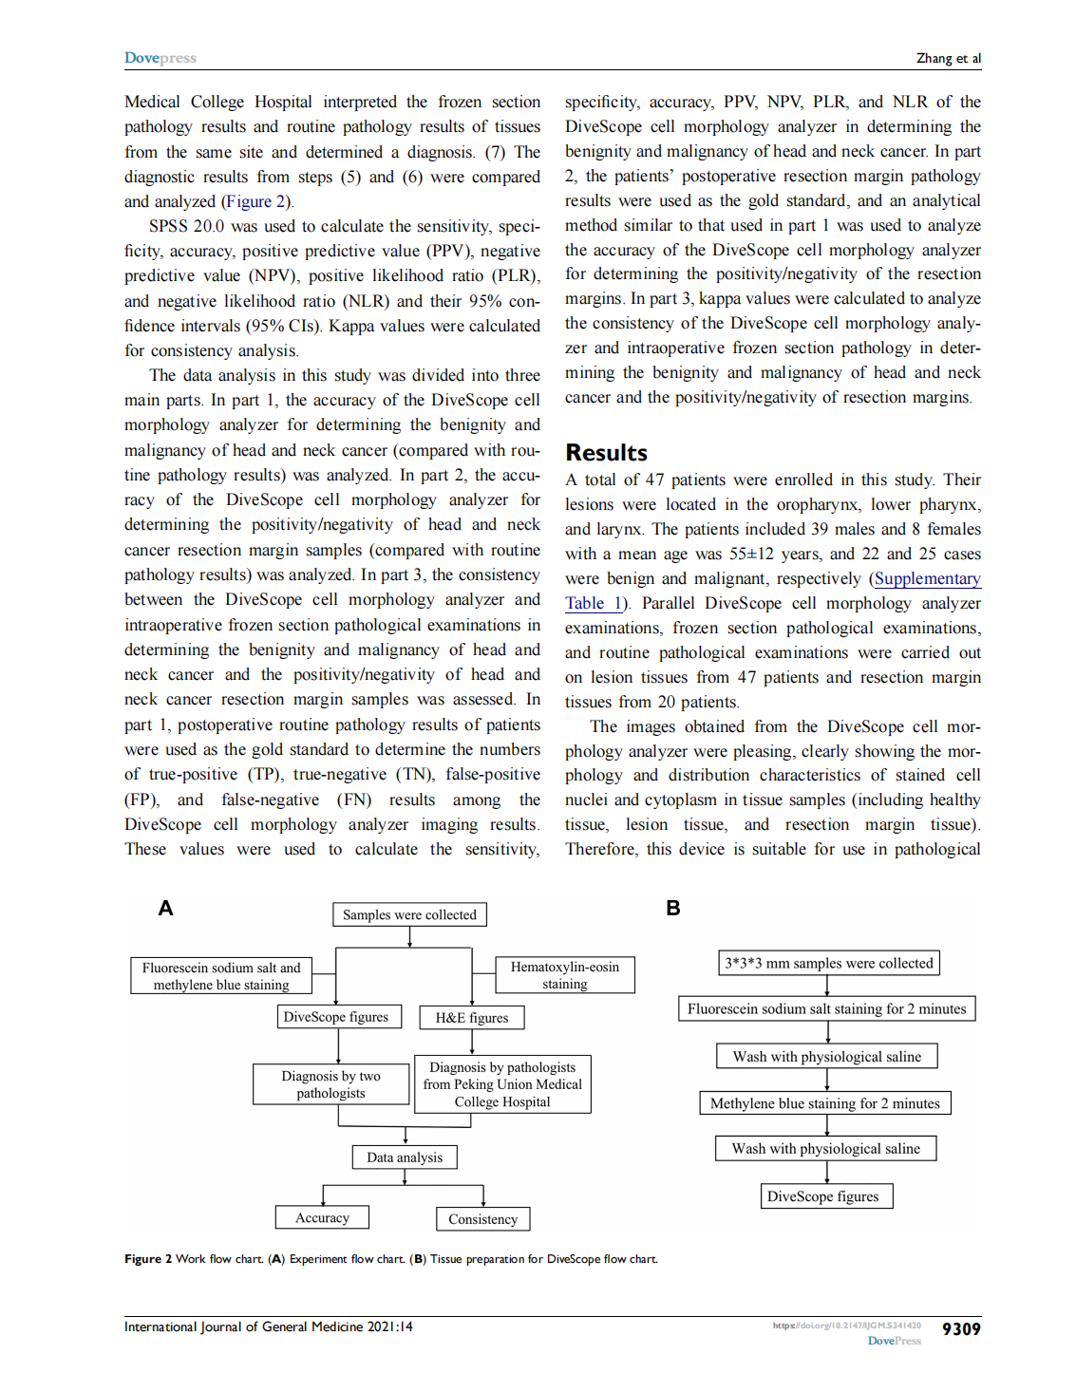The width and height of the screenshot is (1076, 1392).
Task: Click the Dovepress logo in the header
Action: tap(160, 58)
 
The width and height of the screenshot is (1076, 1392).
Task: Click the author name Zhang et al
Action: tap(948, 58)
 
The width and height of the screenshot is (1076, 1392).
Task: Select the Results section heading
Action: tap(606, 453)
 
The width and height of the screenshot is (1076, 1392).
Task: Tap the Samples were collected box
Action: tap(409, 914)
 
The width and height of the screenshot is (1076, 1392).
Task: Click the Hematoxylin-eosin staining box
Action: tap(565, 975)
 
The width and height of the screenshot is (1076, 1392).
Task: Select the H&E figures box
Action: tap(472, 1018)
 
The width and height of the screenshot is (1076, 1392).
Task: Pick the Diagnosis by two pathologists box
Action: tap(330, 1084)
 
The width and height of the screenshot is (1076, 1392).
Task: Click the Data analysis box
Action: tap(405, 1157)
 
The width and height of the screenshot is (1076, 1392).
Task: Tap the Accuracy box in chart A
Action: tap(322, 1217)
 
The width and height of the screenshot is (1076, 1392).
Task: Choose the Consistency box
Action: tap(482, 1219)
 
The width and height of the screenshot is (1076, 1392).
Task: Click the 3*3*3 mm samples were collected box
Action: tap(828, 963)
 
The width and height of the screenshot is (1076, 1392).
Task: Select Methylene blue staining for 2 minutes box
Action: tap(824, 1103)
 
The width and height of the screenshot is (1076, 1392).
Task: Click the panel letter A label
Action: tap(165, 909)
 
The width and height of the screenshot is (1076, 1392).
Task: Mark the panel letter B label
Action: tap(672, 909)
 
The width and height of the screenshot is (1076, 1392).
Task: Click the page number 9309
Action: tap(960, 1329)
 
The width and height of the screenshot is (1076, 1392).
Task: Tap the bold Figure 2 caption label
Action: tap(147, 1259)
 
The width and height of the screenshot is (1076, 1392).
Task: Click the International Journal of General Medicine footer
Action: tap(268, 1326)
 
